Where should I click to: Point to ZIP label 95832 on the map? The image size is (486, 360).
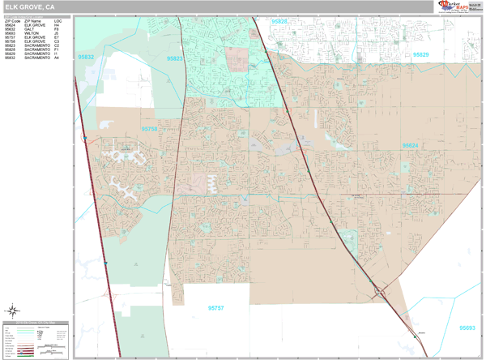[x=85, y=58]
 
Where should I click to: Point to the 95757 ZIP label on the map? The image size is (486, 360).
[x=216, y=307]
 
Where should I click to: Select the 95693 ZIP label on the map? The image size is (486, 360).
[x=467, y=328]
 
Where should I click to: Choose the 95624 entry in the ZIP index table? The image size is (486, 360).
[x=10, y=25]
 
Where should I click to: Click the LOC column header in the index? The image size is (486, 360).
[x=58, y=21]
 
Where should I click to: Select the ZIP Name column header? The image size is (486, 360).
[x=33, y=21]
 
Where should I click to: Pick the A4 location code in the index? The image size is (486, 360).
[x=57, y=58]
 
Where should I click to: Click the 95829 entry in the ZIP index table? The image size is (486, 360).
[x=10, y=54]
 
